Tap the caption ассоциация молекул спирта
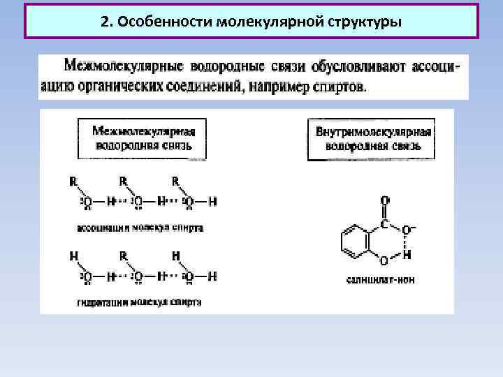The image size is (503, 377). (140, 228)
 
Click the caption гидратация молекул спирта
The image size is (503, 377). (140, 302)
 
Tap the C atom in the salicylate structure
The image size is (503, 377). (384, 224)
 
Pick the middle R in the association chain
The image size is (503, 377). (123, 181)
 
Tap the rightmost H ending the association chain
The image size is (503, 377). (213, 202)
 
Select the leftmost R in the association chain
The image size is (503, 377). (73, 181)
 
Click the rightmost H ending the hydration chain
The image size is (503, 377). (213, 276)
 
